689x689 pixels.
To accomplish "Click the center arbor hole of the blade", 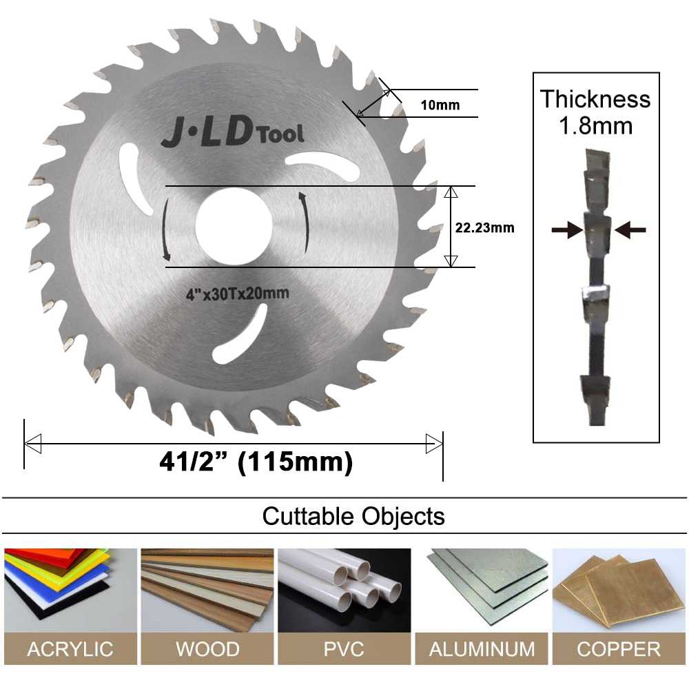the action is [x=234, y=227].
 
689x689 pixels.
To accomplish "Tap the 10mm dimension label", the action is [x=440, y=105].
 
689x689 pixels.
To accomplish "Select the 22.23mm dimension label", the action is [x=484, y=227].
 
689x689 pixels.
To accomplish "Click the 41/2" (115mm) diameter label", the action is [x=256, y=462].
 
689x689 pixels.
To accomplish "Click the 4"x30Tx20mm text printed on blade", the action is [x=238, y=293].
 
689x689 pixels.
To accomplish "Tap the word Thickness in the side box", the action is [x=595, y=99].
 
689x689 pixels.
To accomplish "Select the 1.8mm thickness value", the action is [x=595, y=125].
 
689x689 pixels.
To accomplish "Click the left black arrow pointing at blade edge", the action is [x=567, y=229].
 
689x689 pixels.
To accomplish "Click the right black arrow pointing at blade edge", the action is [x=630, y=229].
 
